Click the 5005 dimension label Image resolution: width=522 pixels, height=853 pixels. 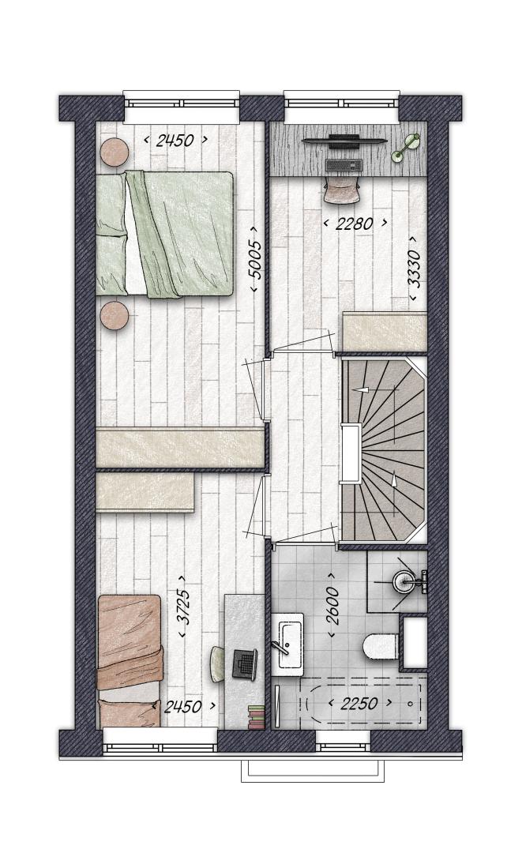(x=255, y=261)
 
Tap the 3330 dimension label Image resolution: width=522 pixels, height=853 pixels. (x=415, y=269)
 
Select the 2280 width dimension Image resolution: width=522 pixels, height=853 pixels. (x=355, y=223)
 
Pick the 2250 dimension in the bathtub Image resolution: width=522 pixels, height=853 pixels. (x=359, y=704)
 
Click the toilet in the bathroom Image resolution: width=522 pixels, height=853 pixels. (x=381, y=646)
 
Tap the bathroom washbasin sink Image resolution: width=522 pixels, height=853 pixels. (x=289, y=644)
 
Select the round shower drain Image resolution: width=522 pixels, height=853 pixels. (x=404, y=581)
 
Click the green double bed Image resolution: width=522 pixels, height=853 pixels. (x=164, y=235)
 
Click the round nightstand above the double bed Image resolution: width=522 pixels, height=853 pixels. (x=115, y=151)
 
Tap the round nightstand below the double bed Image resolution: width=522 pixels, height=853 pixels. (x=115, y=314)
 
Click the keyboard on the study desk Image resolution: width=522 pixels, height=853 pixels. (x=344, y=163)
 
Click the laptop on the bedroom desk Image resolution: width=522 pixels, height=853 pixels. (x=245, y=663)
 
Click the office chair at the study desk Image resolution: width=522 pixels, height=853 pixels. (x=342, y=189)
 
